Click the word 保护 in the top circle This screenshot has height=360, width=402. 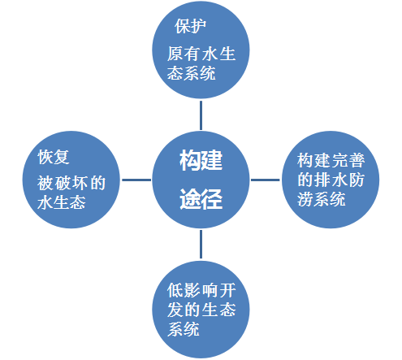coord(190,26)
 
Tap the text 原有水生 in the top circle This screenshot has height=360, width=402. coord(201,54)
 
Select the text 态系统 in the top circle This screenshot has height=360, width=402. coord(191,73)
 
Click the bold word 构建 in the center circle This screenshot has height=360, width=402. coord(201,160)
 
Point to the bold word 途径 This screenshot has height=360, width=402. coord(201,198)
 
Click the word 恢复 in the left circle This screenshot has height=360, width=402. coord(54,157)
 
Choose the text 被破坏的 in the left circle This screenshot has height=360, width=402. coord(71,183)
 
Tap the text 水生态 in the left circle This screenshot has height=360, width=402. coord(62,202)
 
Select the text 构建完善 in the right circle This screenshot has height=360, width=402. coord(331,160)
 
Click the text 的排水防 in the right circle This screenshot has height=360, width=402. coord(331,180)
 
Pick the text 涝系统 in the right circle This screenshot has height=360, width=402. coord(322,199)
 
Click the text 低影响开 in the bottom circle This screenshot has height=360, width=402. coord(201,290)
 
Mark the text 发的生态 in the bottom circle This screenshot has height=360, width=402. coord(201,310)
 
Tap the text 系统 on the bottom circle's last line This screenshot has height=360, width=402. coord(184,329)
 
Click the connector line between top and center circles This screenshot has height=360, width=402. coord(201,115)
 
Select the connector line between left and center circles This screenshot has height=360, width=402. coord(136,180)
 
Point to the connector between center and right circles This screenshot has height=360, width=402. coord(266,180)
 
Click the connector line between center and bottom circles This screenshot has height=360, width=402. coord(201,245)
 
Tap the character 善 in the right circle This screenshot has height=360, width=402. coord(357,160)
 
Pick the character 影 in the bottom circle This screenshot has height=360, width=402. coord(192,290)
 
